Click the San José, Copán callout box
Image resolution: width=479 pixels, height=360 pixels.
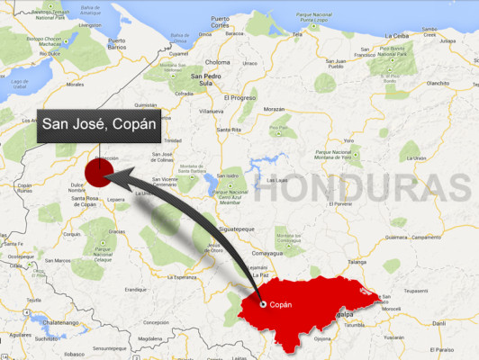[x=99, y=127]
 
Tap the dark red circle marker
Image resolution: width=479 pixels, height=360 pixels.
[x=97, y=170]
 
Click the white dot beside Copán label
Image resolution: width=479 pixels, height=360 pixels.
[x=263, y=304]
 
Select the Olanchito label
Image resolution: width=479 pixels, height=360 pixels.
[x=438, y=83]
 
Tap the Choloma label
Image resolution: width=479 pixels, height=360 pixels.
[x=219, y=62]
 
